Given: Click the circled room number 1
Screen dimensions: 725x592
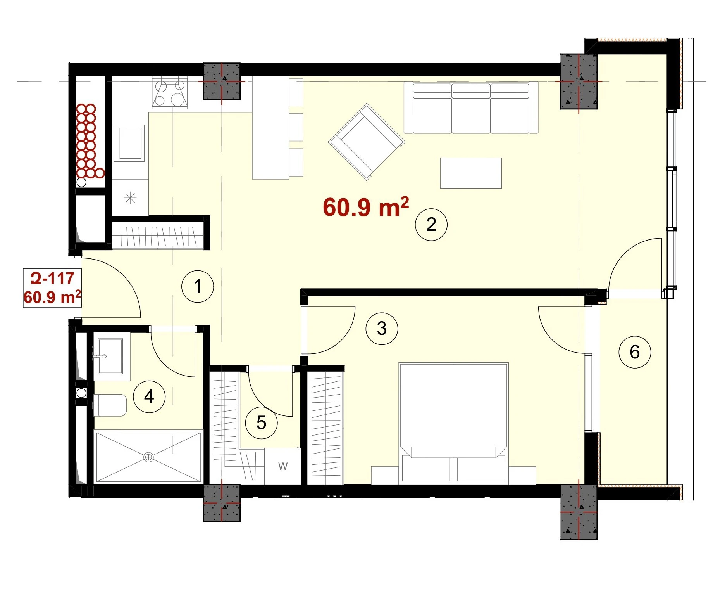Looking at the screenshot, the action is pyautogui.click(x=198, y=287).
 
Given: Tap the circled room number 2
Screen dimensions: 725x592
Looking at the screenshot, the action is pyautogui.click(x=431, y=225).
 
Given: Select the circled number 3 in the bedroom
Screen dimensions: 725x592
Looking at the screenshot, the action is pyautogui.click(x=382, y=329).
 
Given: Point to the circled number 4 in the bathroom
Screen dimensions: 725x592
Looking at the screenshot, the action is pyautogui.click(x=149, y=396).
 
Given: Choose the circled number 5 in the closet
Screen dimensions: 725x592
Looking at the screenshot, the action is pyautogui.click(x=262, y=423).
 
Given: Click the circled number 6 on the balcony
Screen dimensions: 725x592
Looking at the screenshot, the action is pyautogui.click(x=635, y=352).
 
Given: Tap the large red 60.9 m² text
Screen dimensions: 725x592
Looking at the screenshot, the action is pyautogui.click(x=366, y=206).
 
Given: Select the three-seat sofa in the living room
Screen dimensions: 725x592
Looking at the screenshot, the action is pyautogui.click(x=471, y=107).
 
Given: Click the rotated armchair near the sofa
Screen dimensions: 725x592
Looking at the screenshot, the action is pyautogui.click(x=367, y=142).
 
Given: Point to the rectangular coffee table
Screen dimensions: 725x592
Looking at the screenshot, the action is pyautogui.click(x=471, y=173).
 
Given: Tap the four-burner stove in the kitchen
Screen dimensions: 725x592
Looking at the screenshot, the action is pyautogui.click(x=170, y=92).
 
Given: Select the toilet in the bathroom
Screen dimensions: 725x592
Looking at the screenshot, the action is pyautogui.click(x=110, y=405).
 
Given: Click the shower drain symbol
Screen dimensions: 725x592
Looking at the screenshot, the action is pyautogui.click(x=148, y=457).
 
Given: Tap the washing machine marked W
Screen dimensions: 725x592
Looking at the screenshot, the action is pyautogui.click(x=283, y=466).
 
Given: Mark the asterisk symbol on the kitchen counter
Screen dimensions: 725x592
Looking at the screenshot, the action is pyautogui.click(x=130, y=198).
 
